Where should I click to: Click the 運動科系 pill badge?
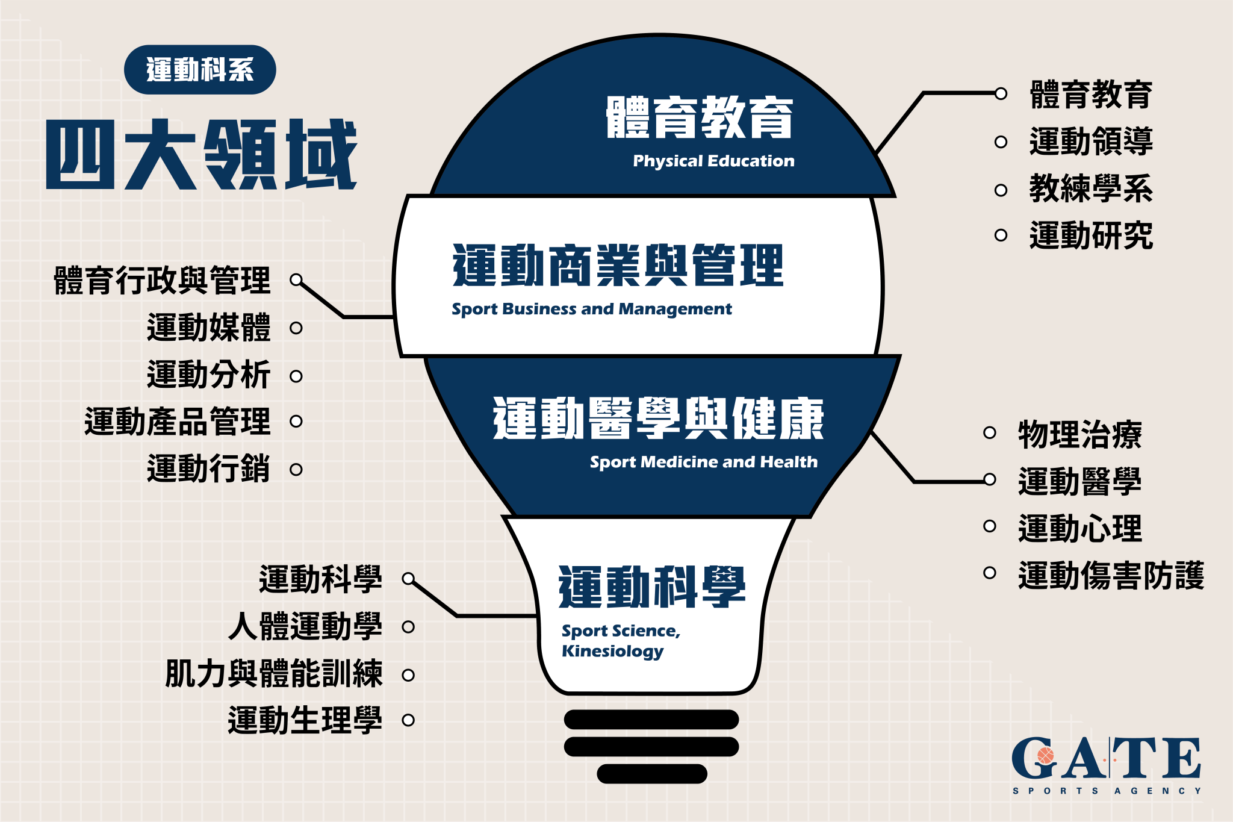tap(200, 70)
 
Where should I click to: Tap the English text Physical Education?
tap(713, 161)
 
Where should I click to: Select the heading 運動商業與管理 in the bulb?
tap(618, 265)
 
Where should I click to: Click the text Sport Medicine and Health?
tap(704, 462)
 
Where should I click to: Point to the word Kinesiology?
tap(612, 652)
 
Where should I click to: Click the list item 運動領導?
tap(1091, 142)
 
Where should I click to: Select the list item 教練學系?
tap(1091, 188)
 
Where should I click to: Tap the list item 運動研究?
tap(1091, 235)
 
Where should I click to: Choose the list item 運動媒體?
tap(209, 328)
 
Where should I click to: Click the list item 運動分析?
tap(209, 375)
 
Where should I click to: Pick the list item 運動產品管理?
tap(178, 421)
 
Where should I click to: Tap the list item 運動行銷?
tap(209, 469)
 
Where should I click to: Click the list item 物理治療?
tap(1080, 434)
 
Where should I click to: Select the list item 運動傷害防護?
tap(1111, 575)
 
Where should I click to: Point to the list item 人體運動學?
tap(305, 626)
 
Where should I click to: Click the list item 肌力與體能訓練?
tap(274, 673)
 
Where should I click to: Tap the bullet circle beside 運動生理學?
tap(408, 720)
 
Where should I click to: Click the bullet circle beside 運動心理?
tap(990, 526)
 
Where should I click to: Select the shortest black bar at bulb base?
tap(652, 774)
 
